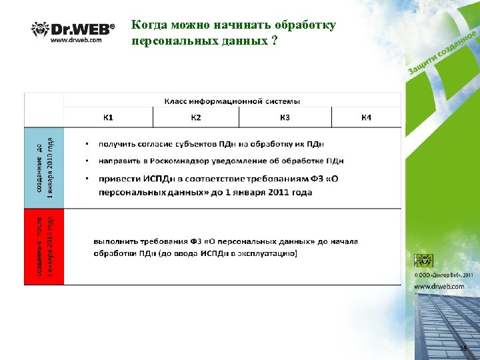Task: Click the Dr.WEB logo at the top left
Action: (73, 29)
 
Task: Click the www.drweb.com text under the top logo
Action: (76, 40)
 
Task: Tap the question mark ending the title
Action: (273, 40)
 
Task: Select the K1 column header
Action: (108, 118)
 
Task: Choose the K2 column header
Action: (196, 118)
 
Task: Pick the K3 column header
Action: (285, 118)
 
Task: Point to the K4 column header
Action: (366, 118)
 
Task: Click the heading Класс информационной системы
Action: (232, 101)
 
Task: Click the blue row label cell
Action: (44, 167)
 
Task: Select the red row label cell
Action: (44, 247)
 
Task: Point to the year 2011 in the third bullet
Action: (301, 192)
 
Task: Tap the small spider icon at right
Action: (424, 261)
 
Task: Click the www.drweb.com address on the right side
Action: (439, 286)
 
